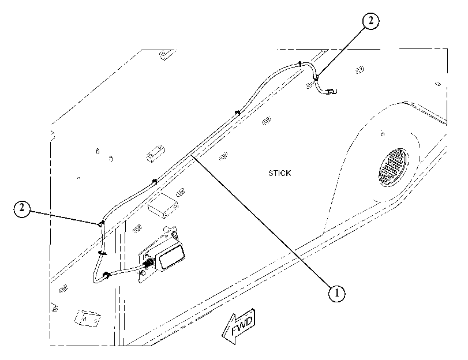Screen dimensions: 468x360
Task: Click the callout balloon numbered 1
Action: coord(336,293)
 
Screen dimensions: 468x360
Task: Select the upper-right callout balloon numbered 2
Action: coord(370,21)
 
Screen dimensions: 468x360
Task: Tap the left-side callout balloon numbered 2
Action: coord(22,209)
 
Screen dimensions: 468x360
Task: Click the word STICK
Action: coord(279,173)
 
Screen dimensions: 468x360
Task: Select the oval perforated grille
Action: coord(394,167)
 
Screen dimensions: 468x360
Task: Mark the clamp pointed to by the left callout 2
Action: coord(101,224)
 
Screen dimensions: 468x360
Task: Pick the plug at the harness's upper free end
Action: coord(331,91)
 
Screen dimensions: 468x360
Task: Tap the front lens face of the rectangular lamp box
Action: coord(171,257)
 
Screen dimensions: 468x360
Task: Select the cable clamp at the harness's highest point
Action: coord(299,63)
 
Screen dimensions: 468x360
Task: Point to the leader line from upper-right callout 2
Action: coord(341,51)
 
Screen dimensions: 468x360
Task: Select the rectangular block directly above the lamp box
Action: coord(163,204)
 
